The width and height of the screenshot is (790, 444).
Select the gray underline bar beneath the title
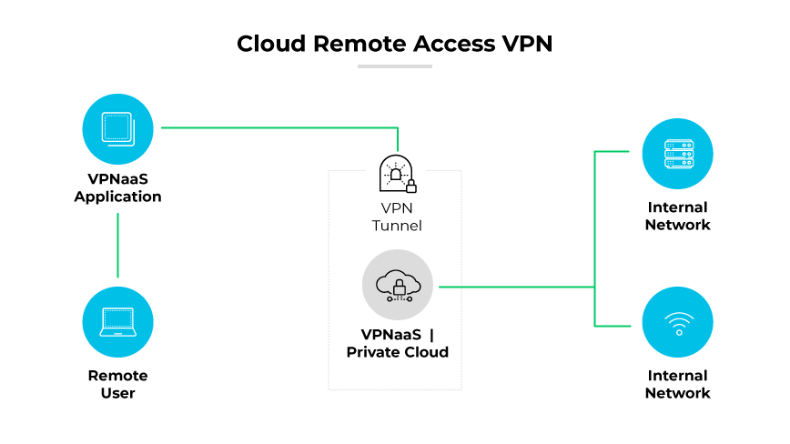tap(394, 66)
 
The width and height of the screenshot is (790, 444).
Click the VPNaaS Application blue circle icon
tap(117, 127)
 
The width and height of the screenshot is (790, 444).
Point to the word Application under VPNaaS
tap(117, 197)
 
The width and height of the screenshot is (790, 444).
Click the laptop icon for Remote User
tap(117, 320)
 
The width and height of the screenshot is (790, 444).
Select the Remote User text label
tap(117, 384)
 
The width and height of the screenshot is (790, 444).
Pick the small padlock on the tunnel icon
tap(410, 187)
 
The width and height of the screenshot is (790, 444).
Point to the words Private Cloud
tap(398, 352)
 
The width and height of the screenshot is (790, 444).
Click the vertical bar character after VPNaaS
tap(430, 335)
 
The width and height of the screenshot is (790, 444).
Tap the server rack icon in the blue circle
tap(677, 154)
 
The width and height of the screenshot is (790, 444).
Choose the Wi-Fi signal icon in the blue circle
tap(677, 322)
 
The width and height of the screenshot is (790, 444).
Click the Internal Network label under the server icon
tap(677, 216)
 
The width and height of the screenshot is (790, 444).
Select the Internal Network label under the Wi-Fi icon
tap(677, 384)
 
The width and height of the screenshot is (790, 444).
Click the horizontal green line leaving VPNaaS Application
tap(273, 128)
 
